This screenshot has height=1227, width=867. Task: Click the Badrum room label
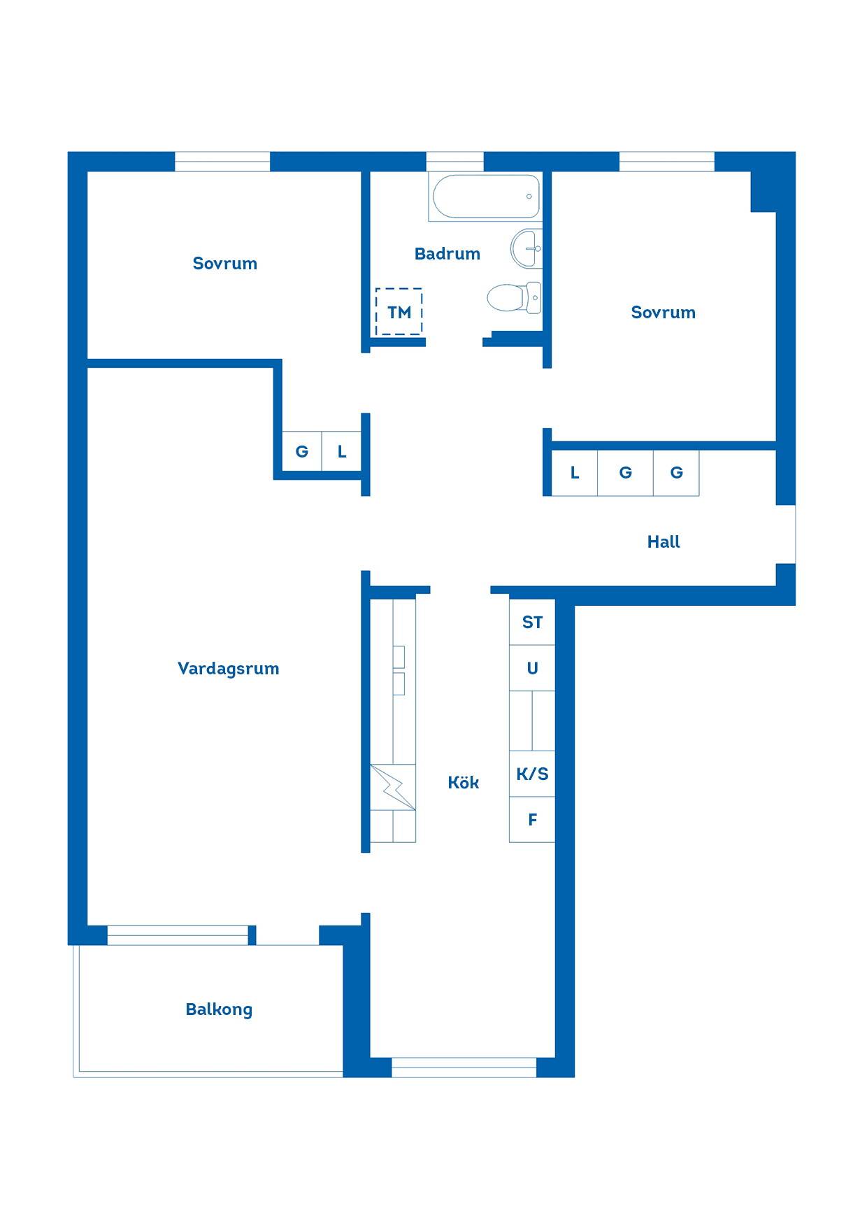coord(447,254)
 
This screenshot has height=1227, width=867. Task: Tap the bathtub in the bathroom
coord(486,197)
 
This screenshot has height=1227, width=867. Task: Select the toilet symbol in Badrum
coord(515,297)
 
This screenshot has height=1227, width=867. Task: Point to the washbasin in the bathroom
coord(526,248)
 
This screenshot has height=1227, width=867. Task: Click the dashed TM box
coord(399,312)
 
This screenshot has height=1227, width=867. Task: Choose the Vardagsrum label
coord(228,669)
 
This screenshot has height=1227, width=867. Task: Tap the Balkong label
coord(219,1009)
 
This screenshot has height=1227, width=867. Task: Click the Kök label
coord(463,782)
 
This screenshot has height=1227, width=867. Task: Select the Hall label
coord(664,541)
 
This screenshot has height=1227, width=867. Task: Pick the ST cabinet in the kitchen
coord(532,622)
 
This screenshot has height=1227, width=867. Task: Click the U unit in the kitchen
coord(532,668)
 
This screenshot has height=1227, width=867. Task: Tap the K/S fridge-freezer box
coord(532,774)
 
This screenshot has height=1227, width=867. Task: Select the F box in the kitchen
coord(532,819)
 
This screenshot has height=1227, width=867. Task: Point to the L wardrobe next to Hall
coord(575,473)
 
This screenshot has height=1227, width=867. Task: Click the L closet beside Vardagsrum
coord(341,451)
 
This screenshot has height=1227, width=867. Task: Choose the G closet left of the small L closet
coord(301,451)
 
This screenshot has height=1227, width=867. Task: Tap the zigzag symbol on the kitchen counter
coord(393,788)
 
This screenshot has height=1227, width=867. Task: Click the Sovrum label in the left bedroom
coord(225,264)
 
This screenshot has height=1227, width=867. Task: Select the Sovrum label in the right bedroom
coord(664,313)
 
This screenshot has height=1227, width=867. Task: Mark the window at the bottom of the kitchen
coord(464,1068)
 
